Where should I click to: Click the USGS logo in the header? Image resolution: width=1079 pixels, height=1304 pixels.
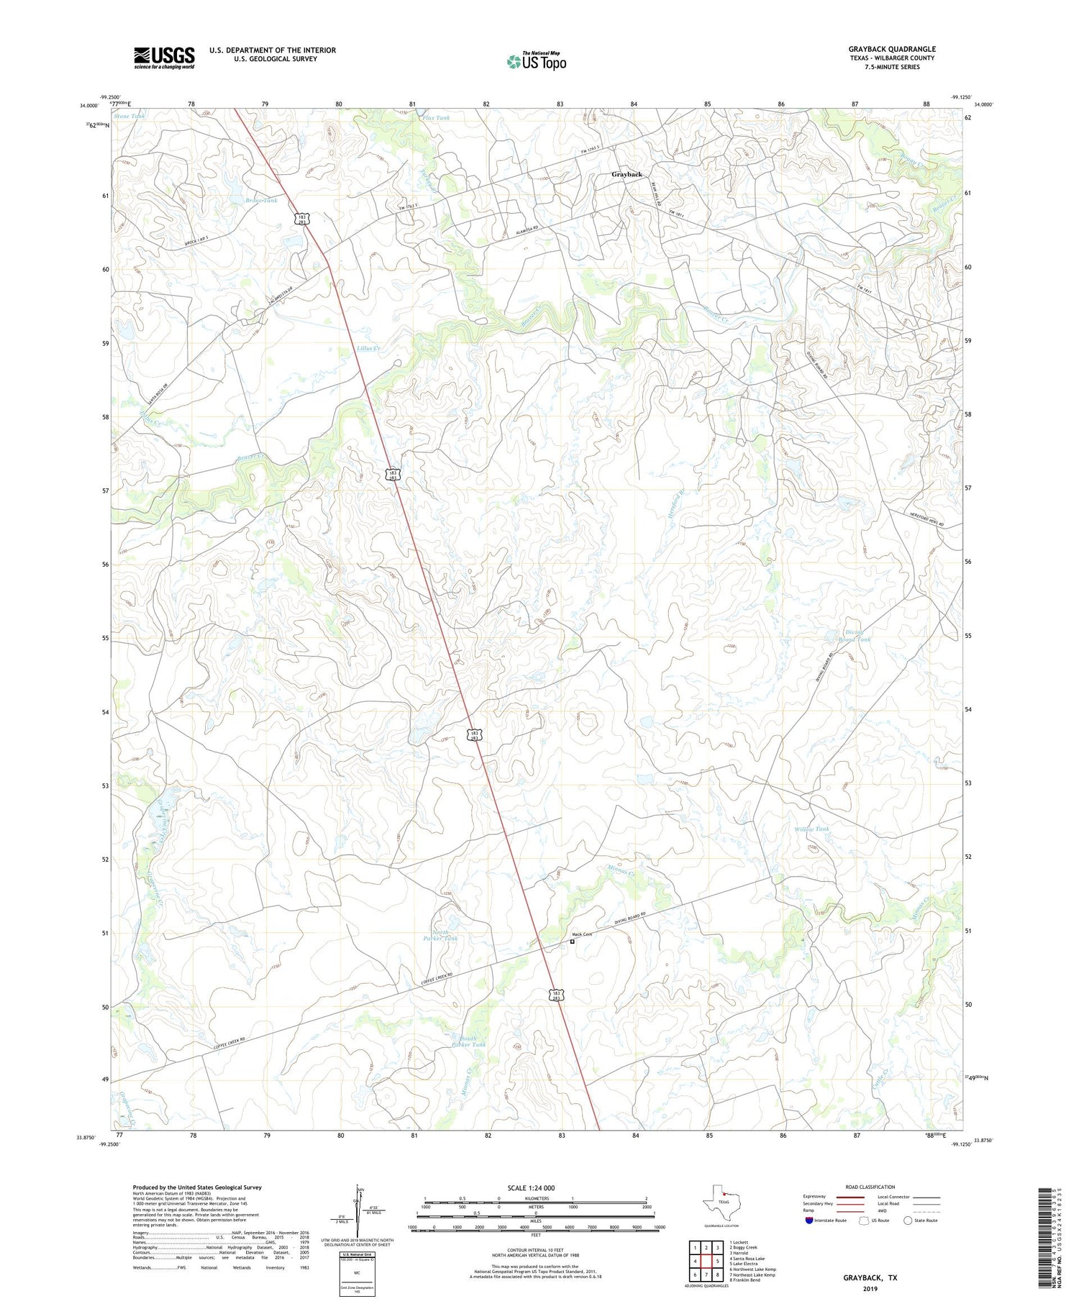[x=164, y=58]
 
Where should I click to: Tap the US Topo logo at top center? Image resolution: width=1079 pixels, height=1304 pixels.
[x=537, y=62]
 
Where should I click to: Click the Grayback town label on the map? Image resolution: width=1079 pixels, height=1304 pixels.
[x=627, y=175]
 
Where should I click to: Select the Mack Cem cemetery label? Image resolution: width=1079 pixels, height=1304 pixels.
[x=582, y=934]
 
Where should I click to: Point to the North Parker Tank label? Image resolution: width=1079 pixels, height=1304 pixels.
[x=440, y=936]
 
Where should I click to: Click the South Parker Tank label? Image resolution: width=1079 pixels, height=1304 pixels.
[x=469, y=1041]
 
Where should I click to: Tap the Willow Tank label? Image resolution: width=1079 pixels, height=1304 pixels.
[x=811, y=829]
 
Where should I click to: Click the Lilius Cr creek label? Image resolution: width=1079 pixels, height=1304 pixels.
[x=368, y=348]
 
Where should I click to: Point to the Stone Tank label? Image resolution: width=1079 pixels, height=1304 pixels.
[x=128, y=116]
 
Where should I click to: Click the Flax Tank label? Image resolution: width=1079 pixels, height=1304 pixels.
[x=437, y=118]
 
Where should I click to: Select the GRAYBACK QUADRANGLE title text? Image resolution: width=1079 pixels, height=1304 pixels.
[x=891, y=49]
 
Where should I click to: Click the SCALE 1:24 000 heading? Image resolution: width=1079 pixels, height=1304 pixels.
[x=535, y=1187]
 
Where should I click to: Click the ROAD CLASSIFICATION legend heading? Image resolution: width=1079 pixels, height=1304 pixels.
[x=870, y=1187]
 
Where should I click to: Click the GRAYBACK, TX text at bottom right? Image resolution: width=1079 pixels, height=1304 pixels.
[x=870, y=1278]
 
